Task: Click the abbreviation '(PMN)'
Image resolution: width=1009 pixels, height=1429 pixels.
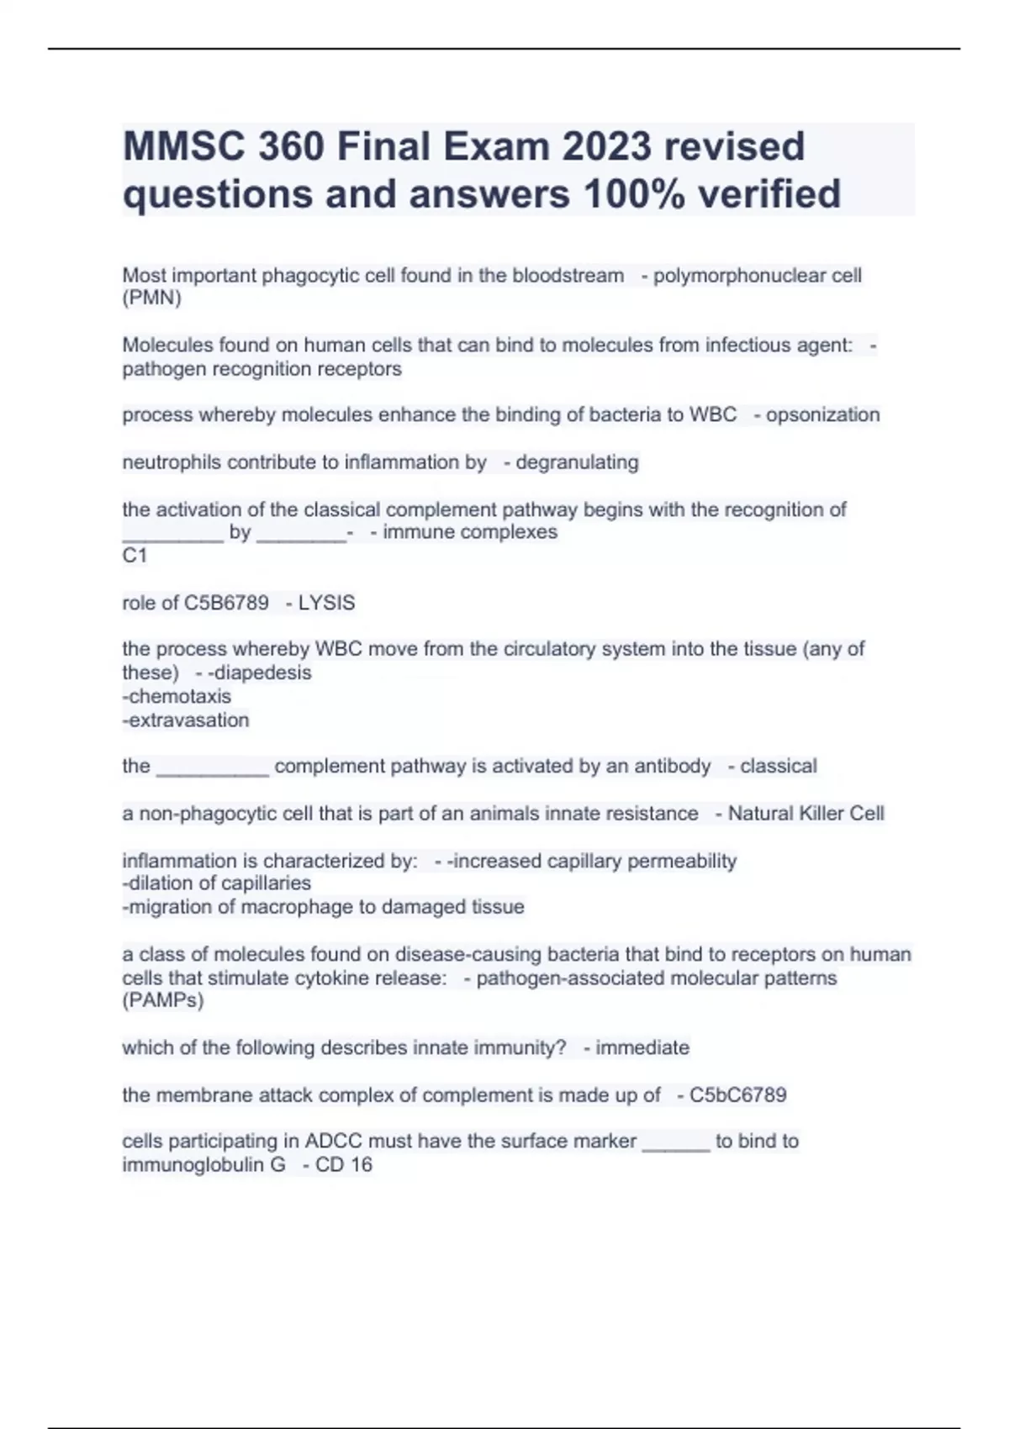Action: click(151, 298)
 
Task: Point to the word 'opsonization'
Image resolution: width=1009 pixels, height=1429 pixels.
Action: click(822, 414)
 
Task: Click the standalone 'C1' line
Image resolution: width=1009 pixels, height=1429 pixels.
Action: click(135, 556)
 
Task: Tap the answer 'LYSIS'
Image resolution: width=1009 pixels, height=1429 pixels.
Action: click(326, 603)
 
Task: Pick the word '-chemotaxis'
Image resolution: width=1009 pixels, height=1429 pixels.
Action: click(177, 696)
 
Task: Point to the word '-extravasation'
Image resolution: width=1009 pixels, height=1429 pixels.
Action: click(186, 720)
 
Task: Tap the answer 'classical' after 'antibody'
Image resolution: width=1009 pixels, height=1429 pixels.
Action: click(778, 766)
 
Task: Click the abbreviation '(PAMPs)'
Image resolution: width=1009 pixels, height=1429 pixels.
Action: click(163, 1000)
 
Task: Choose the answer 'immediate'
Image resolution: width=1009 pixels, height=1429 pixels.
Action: click(642, 1047)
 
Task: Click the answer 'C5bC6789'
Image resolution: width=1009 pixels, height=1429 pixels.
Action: click(737, 1094)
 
